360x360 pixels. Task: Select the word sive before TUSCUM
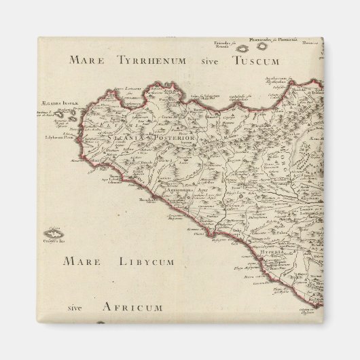click(211, 60)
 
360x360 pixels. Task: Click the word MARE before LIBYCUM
click(82, 262)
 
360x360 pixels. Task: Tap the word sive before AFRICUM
click(79, 307)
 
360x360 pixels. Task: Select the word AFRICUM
click(132, 307)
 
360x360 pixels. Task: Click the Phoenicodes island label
click(282, 40)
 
